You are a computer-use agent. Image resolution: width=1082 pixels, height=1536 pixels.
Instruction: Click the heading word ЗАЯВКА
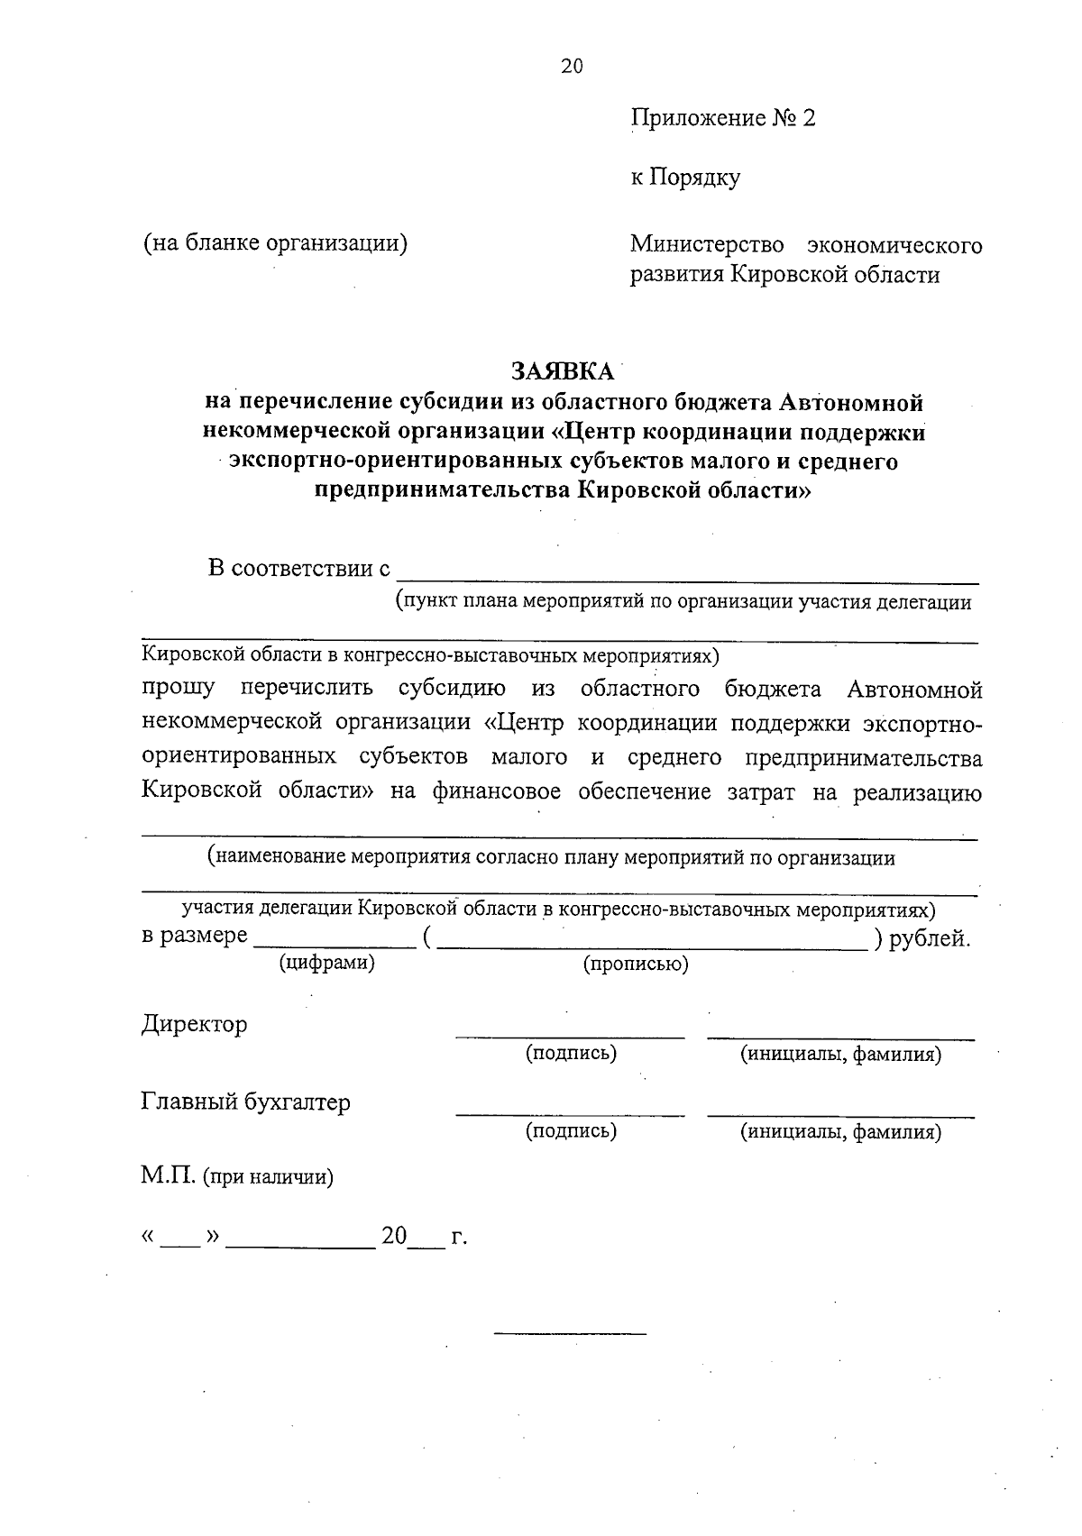coord(563,371)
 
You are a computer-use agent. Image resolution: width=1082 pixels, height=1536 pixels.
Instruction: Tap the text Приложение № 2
coord(722,118)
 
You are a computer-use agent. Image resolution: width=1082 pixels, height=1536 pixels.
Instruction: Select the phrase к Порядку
coord(685,178)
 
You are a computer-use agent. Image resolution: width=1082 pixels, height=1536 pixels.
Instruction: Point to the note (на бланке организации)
coord(275,242)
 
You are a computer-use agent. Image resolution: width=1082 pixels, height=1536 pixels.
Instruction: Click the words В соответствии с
coord(299,569)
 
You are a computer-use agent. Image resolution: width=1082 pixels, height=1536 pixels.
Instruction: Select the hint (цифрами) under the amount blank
coord(326,962)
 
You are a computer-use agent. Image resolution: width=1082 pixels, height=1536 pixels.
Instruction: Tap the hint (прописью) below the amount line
coord(636,964)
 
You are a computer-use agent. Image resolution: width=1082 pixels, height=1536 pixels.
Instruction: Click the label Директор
coord(194,1024)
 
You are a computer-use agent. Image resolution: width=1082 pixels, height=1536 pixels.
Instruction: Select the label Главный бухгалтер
coord(245,1102)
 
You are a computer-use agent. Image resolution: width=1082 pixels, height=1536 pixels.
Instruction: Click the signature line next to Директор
coord(569,1037)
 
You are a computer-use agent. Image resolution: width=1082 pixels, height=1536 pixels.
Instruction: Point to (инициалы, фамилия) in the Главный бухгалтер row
coord(840,1131)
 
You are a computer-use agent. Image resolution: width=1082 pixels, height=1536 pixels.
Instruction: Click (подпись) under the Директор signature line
coord(571,1053)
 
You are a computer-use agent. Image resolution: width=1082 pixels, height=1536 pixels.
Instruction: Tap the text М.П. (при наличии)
coord(237,1176)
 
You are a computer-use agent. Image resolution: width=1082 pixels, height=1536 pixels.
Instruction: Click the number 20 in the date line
coord(394,1236)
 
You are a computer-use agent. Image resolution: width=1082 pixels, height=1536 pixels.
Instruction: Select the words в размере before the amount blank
coord(194,936)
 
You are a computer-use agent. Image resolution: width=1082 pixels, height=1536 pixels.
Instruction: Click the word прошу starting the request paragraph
coord(178,689)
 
